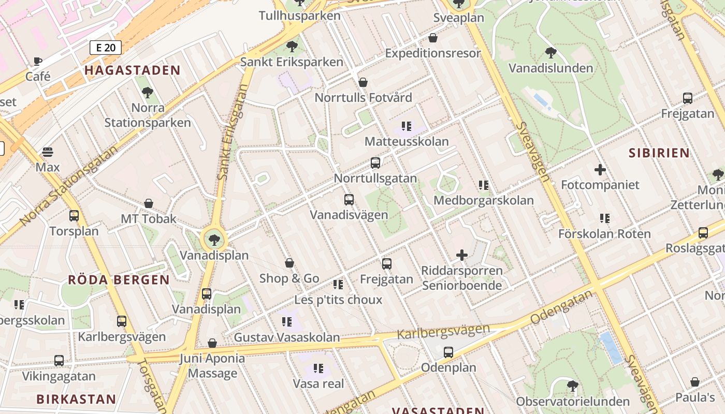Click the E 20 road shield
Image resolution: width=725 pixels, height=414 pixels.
pyautogui.click(x=106, y=48)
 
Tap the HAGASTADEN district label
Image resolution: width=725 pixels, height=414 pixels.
pyautogui.click(x=133, y=70)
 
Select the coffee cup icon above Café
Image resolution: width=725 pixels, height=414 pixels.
pyautogui.click(x=38, y=62)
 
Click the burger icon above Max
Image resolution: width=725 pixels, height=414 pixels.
pyautogui.click(x=48, y=152)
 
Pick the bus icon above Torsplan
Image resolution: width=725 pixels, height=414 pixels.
pyautogui.click(x=74, y=216)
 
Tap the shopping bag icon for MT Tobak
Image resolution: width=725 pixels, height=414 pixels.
pyautogui.click(x=149, y=203)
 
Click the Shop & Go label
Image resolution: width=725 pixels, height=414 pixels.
pyautogui.click(x=289, y=278)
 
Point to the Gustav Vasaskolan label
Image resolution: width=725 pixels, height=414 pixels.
pyautogui.click(x=287, y=337)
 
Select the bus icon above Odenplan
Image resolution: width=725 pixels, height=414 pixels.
pyautogui.click(x=448, y=352)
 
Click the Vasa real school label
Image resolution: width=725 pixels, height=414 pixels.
pyautogui.click(x=318, y=383)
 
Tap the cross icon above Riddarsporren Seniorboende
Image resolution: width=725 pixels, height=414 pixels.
pyautogui.click(x=461, y=255)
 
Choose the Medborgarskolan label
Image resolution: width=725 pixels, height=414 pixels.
pyautogui.click(x=484, y=200)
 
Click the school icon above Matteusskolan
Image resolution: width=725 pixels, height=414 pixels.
pyautogui.click(x=407, y=126)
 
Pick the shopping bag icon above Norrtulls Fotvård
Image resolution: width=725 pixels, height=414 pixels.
pyautogui.click(x=363, y=82)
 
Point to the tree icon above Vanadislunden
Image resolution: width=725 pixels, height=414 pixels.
pyautogui.click(x=550, y=53)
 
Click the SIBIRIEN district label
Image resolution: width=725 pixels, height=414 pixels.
pyautogui.click(x=659, y=153)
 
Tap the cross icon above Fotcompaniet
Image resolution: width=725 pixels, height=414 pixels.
pyautogui.click(x=600, y=169)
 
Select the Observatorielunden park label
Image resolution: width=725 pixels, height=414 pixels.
pyautogui.click(x=573, y=402)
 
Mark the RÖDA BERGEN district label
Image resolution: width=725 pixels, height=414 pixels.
pyautogui.click(x=119, y=280)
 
